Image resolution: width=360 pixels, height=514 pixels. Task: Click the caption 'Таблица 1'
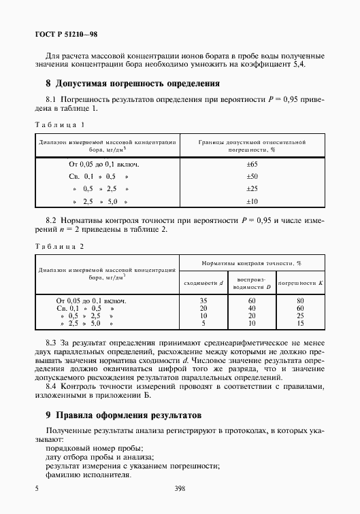tap(59, 124)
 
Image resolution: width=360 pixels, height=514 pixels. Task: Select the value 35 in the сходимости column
tap(202, 300)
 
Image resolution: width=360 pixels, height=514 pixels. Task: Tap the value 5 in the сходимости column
tap(202, 324)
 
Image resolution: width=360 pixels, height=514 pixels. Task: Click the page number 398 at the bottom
tap(180, 488)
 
